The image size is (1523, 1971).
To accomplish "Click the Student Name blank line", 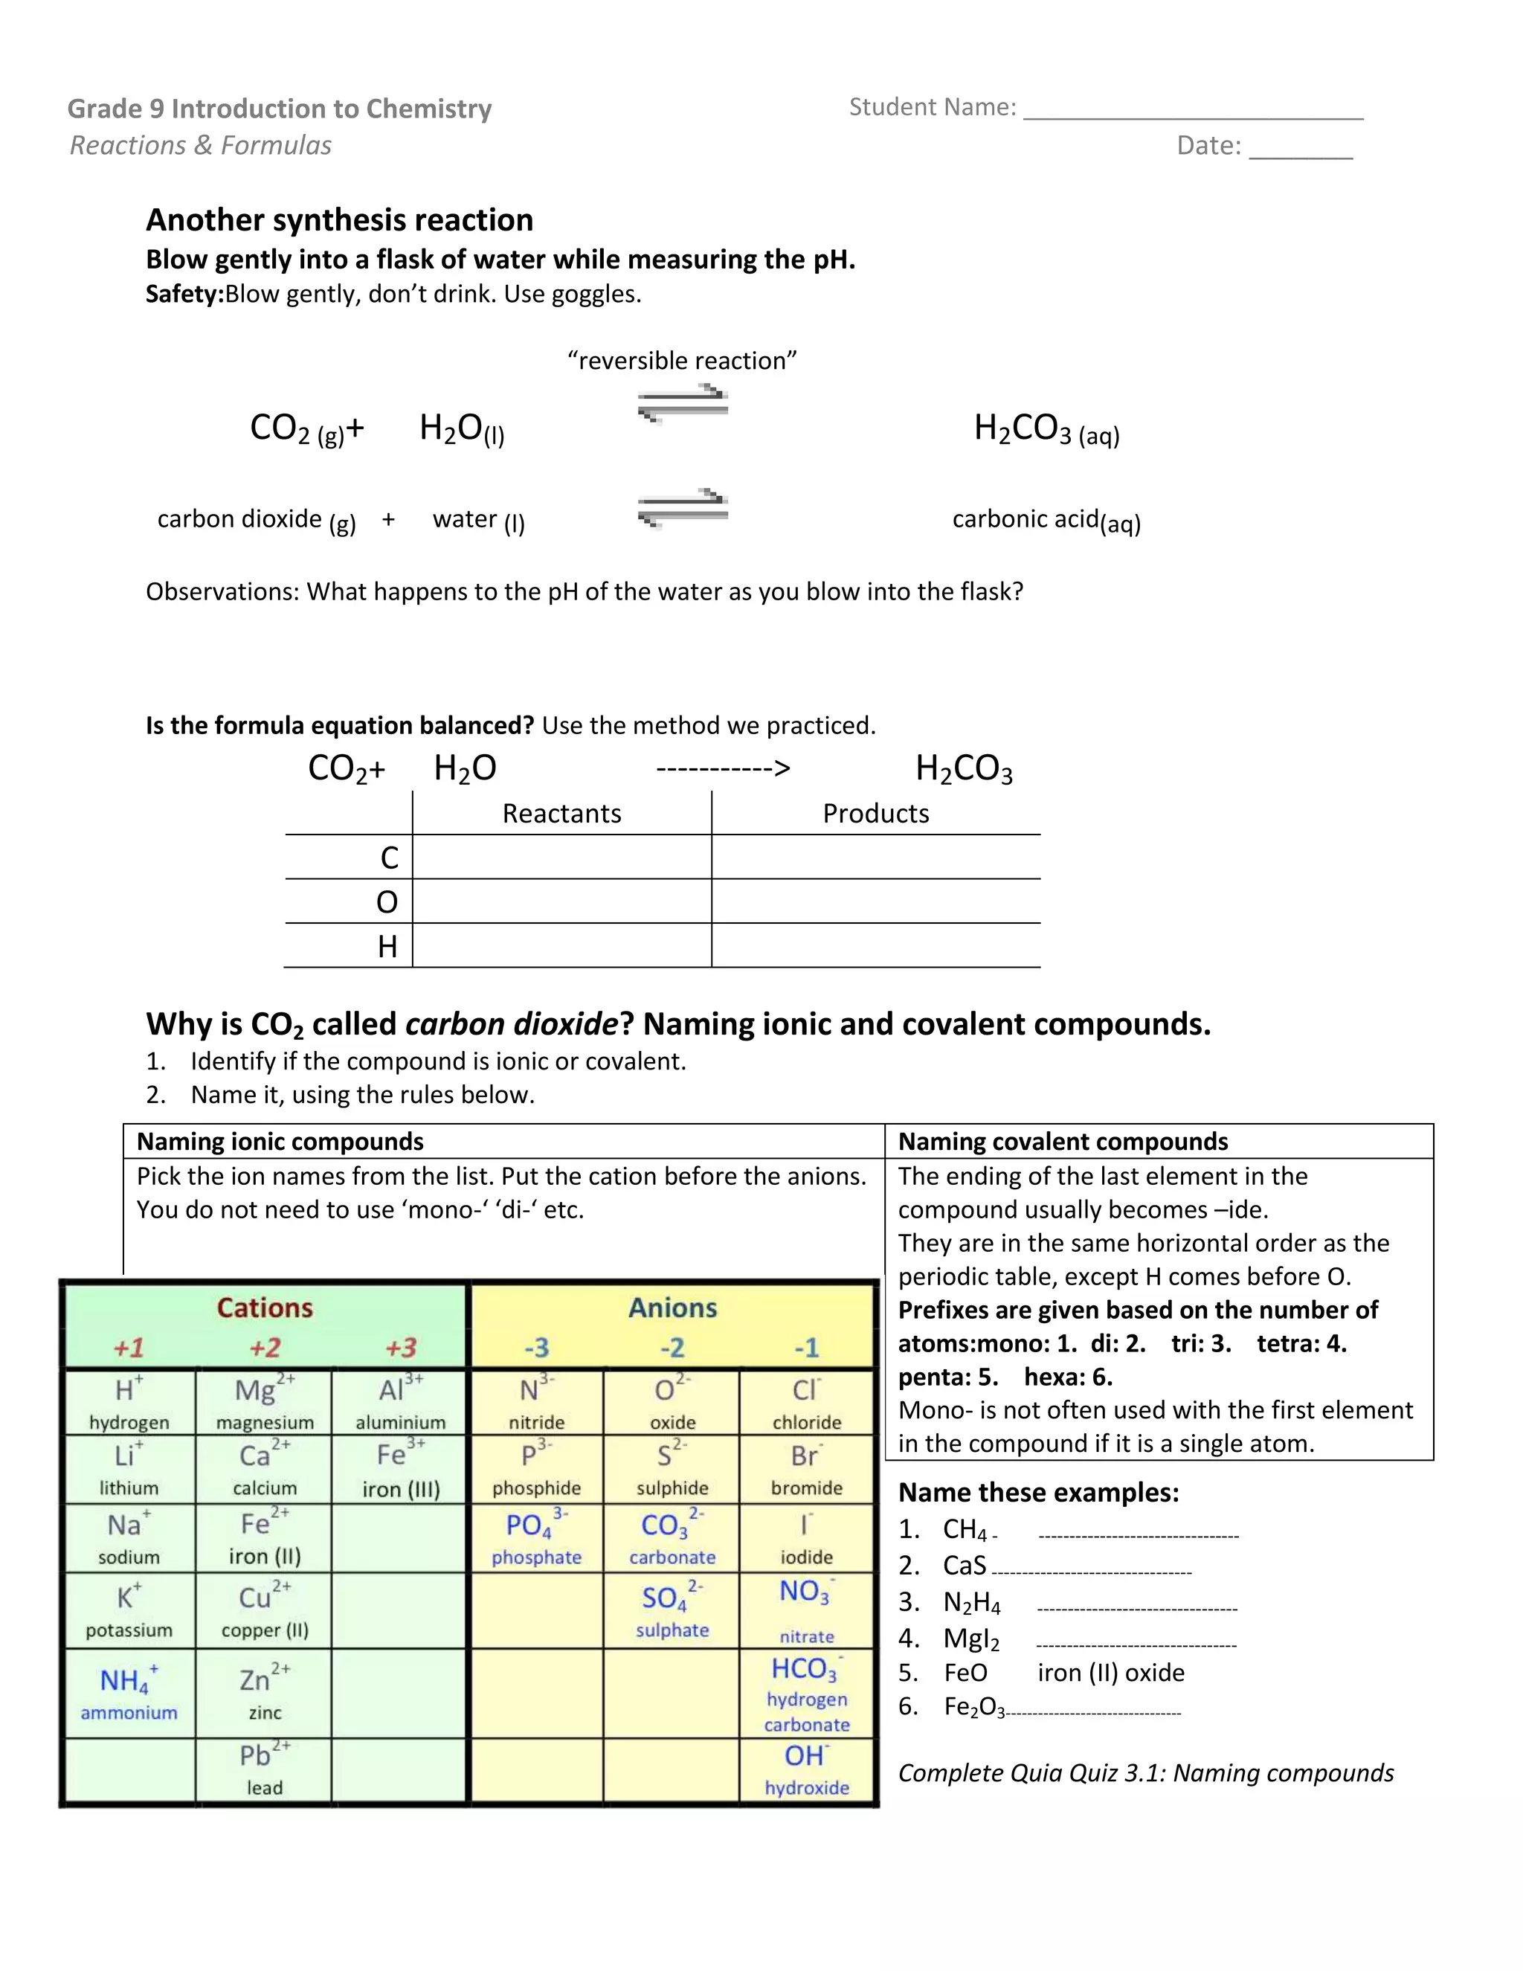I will pos(1193,115).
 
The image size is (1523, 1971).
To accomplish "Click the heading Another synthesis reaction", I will pos(339,220).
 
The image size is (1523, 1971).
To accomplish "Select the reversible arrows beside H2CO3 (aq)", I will pos(683,402).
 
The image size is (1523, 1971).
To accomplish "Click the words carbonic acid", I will pos(1025,519).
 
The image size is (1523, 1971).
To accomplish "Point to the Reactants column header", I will pos(561,813).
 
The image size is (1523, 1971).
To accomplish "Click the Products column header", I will pos(875,813).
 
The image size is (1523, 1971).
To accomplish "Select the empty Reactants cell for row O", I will pos(561,901).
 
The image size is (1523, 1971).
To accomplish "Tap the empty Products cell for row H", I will pos(875,945).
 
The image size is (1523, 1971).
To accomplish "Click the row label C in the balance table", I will pos(389,858).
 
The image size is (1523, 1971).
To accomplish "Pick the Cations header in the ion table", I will pos(264,1308).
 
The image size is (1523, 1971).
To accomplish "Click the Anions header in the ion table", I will pos(672,1308).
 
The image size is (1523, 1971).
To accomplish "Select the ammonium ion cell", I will pos(129,1694).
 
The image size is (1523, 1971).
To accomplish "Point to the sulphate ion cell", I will pos(672,1612).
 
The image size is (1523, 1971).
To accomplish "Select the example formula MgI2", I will pos(970,1638).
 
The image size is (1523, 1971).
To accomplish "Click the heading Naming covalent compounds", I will pos(1063,1142).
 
